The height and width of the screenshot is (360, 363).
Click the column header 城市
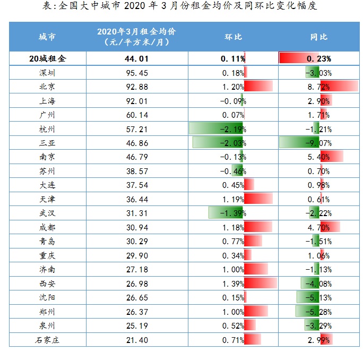[x=47, y=37]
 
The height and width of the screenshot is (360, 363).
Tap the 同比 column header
[x=318, y=37]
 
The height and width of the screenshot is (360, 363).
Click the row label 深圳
[x=47, y=73]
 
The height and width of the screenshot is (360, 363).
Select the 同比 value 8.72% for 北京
[x=318, y=87]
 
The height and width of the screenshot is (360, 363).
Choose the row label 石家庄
[x=47, y=340]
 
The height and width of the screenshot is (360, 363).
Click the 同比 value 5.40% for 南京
[x=318, y=157]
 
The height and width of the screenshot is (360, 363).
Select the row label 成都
[x=47, y=227]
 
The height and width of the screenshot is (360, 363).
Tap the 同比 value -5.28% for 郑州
[x=318, y=312]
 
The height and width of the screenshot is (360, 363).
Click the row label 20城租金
[x=47, y=58]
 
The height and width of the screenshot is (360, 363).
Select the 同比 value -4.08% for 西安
[x=318, y=284]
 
